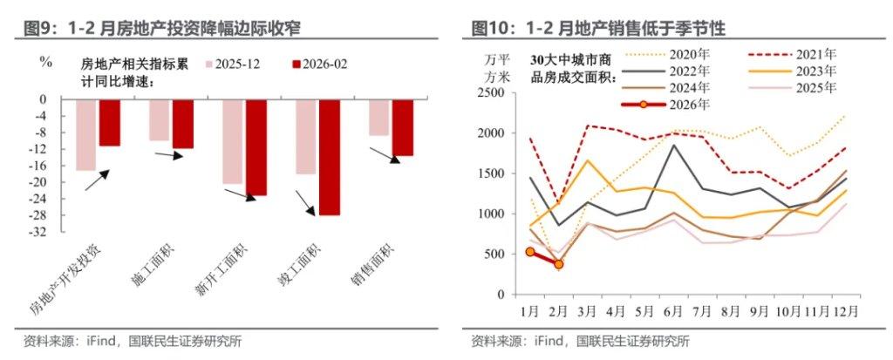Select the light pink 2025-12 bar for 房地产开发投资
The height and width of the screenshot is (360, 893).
tap(85, 135)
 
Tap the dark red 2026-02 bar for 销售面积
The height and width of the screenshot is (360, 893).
tap(402, 127)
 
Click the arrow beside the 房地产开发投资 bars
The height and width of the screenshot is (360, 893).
tap(97, 180)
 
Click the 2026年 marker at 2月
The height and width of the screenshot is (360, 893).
tap(558, 263)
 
